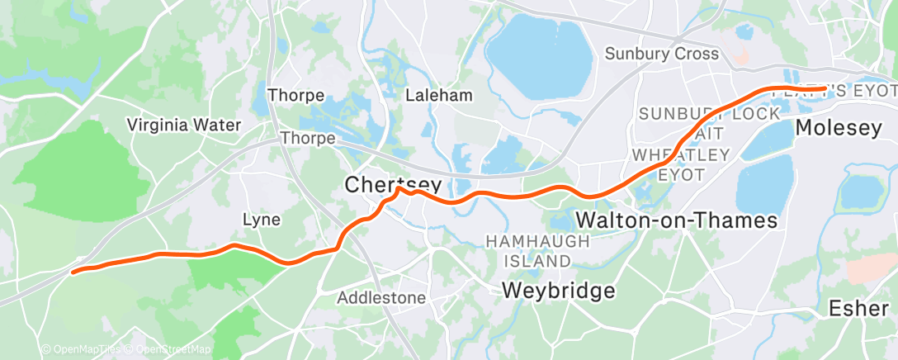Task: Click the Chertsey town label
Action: pos(394,185)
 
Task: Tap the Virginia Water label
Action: pos(183,125)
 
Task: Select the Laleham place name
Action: pos(439,95)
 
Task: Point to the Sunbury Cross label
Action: pos(661,54)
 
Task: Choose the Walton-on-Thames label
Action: pos(677,220)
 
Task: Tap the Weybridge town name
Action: pos(559,291)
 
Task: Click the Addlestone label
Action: pos(381,297)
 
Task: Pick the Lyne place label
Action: pos(261,220)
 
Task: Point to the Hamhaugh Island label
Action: pos(538,251)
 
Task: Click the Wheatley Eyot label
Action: pos(681,164)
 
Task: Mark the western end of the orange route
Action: pos(73,271)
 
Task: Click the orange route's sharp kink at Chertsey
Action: pos(399,189)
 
